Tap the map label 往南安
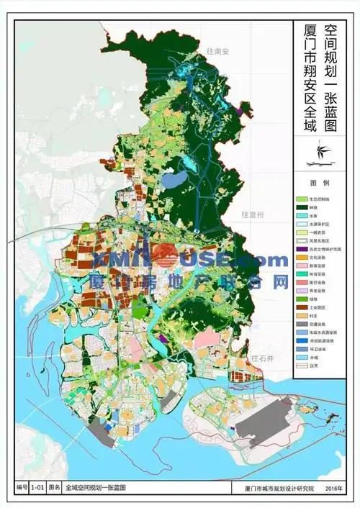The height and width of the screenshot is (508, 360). pyautogui.click(x=216, y=51)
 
